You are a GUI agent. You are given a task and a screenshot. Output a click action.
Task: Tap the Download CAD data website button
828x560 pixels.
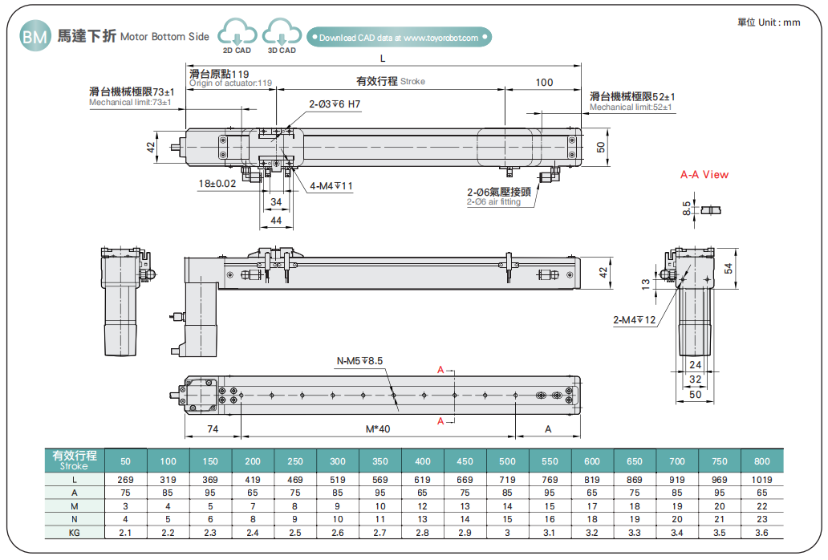click(x=399, y=38)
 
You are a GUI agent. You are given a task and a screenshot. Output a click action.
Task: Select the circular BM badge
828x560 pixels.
click(x=34, y=37)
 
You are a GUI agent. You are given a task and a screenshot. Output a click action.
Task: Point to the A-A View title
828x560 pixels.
click(x=704, y=174)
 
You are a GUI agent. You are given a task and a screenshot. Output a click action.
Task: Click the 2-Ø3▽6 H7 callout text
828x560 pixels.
click(x=335, y=104)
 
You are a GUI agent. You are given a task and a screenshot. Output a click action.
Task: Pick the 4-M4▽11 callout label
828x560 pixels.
click(x=331, y=186)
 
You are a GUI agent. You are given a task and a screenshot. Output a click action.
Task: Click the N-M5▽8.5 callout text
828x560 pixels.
click(x=360, y=360)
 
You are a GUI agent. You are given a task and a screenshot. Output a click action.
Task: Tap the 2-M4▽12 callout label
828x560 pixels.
click(x=635, y=320)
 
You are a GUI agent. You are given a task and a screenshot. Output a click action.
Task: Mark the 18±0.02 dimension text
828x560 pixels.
click(x=217, y=184)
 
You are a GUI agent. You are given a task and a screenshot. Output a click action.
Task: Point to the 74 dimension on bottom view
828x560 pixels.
click(x=212, y=429)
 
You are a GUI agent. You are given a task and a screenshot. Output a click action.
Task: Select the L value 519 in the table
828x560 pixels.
click(x=338, y=479)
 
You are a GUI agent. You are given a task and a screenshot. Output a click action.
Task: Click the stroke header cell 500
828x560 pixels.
click(x=507, y=461)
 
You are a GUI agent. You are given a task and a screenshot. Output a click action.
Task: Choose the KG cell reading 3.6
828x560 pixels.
click(x=761, y=534)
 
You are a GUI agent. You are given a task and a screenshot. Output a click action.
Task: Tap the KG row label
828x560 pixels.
click(x=74, y=534)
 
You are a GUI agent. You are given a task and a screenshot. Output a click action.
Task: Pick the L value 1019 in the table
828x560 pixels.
click(x=761, y=479)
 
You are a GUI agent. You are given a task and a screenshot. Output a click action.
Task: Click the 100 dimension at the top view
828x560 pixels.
click(x=543, y=82)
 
